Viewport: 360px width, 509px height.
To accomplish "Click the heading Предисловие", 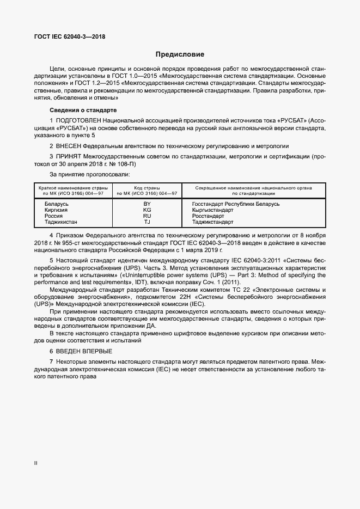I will pos(180,54).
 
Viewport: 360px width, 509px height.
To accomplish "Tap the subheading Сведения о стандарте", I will pos(83,111).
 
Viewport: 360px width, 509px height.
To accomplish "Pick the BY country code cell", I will pos(147,204).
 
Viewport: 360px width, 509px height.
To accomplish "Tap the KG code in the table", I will pos(147,210).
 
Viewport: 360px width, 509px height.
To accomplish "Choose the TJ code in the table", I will pos(147,222).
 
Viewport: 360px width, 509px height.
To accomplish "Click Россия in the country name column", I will pos(54,216).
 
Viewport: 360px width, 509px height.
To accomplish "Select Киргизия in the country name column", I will pos(57,210).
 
